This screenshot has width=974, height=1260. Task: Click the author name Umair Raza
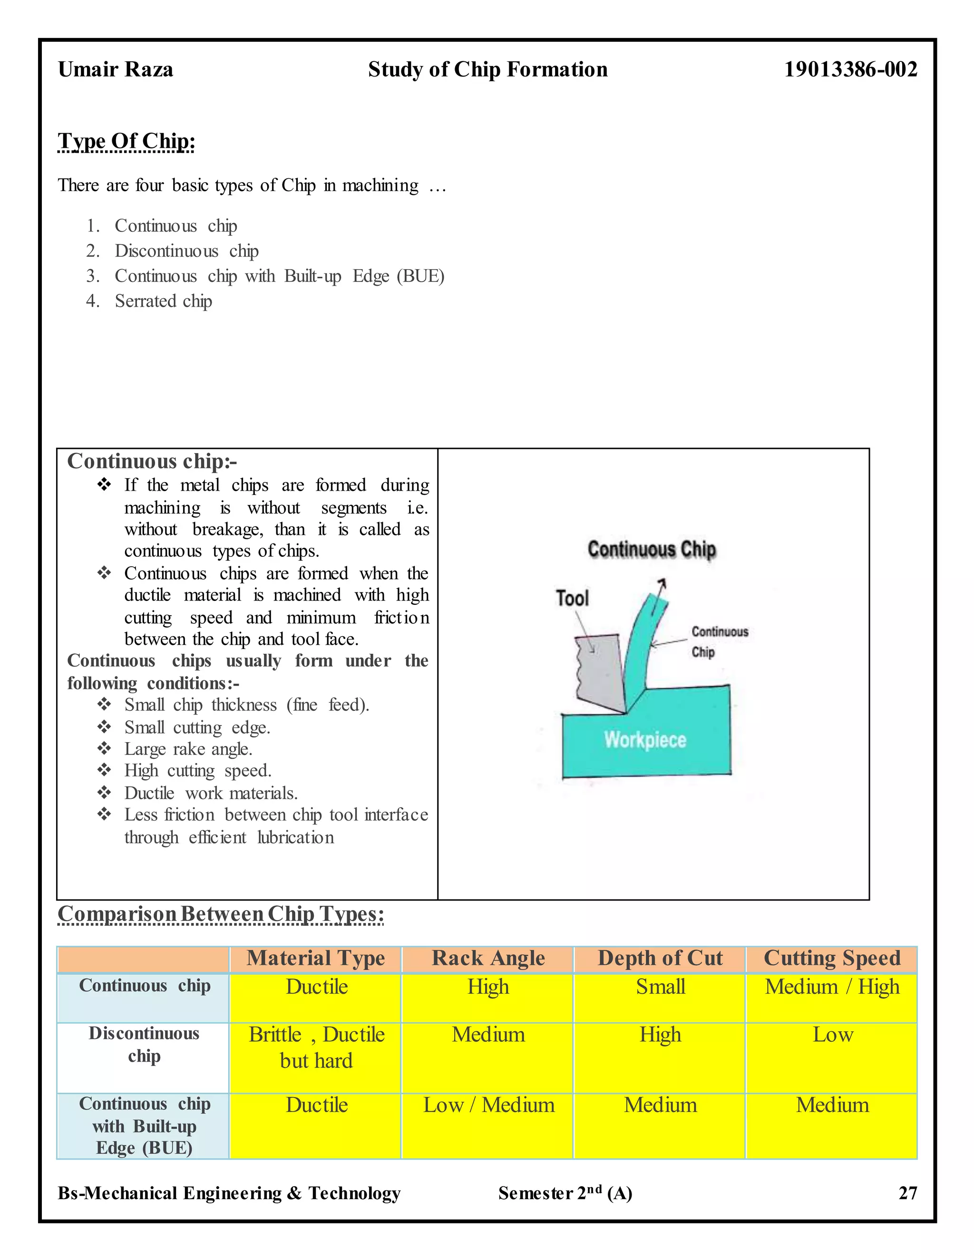click(116, 70)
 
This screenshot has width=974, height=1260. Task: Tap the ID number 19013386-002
click(850, 70)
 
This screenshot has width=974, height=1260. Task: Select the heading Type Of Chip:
click(127, 141)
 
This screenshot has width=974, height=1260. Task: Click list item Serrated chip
click(163, 301)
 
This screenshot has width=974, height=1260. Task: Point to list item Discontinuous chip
click(186, 251)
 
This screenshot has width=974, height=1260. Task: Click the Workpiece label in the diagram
click(645, 740)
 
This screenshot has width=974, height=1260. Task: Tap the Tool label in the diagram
click(572, 598)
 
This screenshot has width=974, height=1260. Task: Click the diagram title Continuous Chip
click(652, 549)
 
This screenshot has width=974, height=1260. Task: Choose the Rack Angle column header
click(488, 958)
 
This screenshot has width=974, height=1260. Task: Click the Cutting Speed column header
click(831, 958)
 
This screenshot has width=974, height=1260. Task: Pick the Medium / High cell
click(831, 987)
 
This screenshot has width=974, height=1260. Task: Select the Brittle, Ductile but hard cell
click(316, 1047)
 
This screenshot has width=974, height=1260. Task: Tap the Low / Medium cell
click(488, 1105)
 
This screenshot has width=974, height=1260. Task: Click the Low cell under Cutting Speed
click(831, 1035)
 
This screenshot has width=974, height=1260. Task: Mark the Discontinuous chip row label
click(144, 1045)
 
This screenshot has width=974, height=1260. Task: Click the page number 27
click(907, 1193)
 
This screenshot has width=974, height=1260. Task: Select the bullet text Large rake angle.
click(188, 749)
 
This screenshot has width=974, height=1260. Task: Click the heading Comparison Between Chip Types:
click(220, 914)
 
